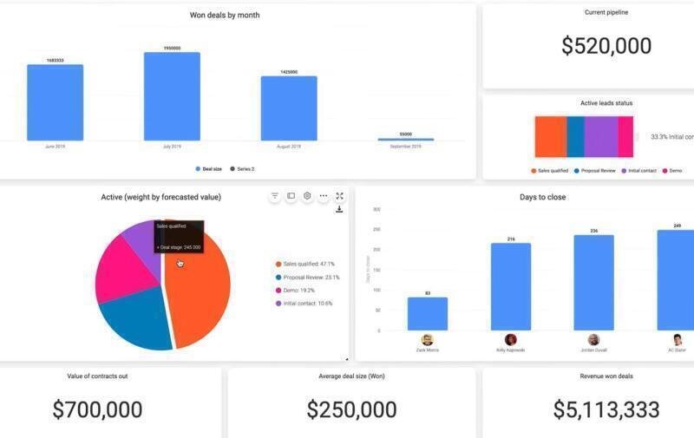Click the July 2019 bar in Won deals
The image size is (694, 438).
(172, 96)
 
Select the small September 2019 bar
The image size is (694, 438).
(405, 139)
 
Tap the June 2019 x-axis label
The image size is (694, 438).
(55, 147)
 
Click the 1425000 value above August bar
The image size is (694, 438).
(289, 72)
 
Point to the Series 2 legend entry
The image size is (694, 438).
(242, 169)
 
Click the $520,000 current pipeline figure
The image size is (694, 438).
(606, 46)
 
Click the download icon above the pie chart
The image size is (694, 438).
(339, 209)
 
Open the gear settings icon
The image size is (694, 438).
(307, 197)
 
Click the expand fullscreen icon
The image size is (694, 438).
(339, 197)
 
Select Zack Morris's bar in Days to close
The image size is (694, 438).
(428, 314)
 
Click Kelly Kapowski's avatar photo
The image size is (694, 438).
(511, 340)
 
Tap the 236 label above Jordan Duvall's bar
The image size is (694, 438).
(593, 231)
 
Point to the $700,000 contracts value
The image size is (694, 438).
(97, 409)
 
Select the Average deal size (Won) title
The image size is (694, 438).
(351, 376)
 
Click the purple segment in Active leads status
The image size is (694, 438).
(599, 136)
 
